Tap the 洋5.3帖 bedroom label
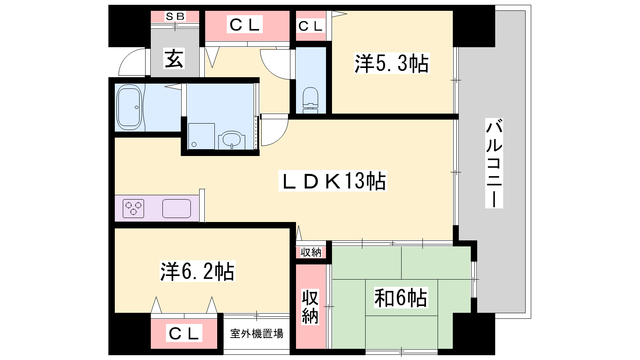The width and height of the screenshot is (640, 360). tap(392, 63)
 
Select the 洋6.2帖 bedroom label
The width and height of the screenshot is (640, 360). tap(198, 271)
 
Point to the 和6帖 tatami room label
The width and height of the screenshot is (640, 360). tap(400, 298)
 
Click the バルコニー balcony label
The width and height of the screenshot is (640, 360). tap(494, 163)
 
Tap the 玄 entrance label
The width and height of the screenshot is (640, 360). tap(174, 58)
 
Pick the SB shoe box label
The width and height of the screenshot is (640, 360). tap(175, 16)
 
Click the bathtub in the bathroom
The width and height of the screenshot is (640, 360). tap(130, 107)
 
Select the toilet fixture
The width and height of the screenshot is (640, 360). tap(310, 100)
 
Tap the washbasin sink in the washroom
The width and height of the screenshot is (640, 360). tap(232, 140)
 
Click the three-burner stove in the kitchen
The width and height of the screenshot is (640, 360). tap(134, 208)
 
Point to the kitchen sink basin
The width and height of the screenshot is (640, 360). tap(176, 208)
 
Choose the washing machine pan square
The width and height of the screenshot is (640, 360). tap(202, 136)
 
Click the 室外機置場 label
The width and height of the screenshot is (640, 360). tap(256, 334)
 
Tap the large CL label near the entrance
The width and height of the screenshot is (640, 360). tap(244, 24)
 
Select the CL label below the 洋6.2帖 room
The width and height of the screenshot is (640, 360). tap(184, 333)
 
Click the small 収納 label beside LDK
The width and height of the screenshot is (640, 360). tap(311, 252)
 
